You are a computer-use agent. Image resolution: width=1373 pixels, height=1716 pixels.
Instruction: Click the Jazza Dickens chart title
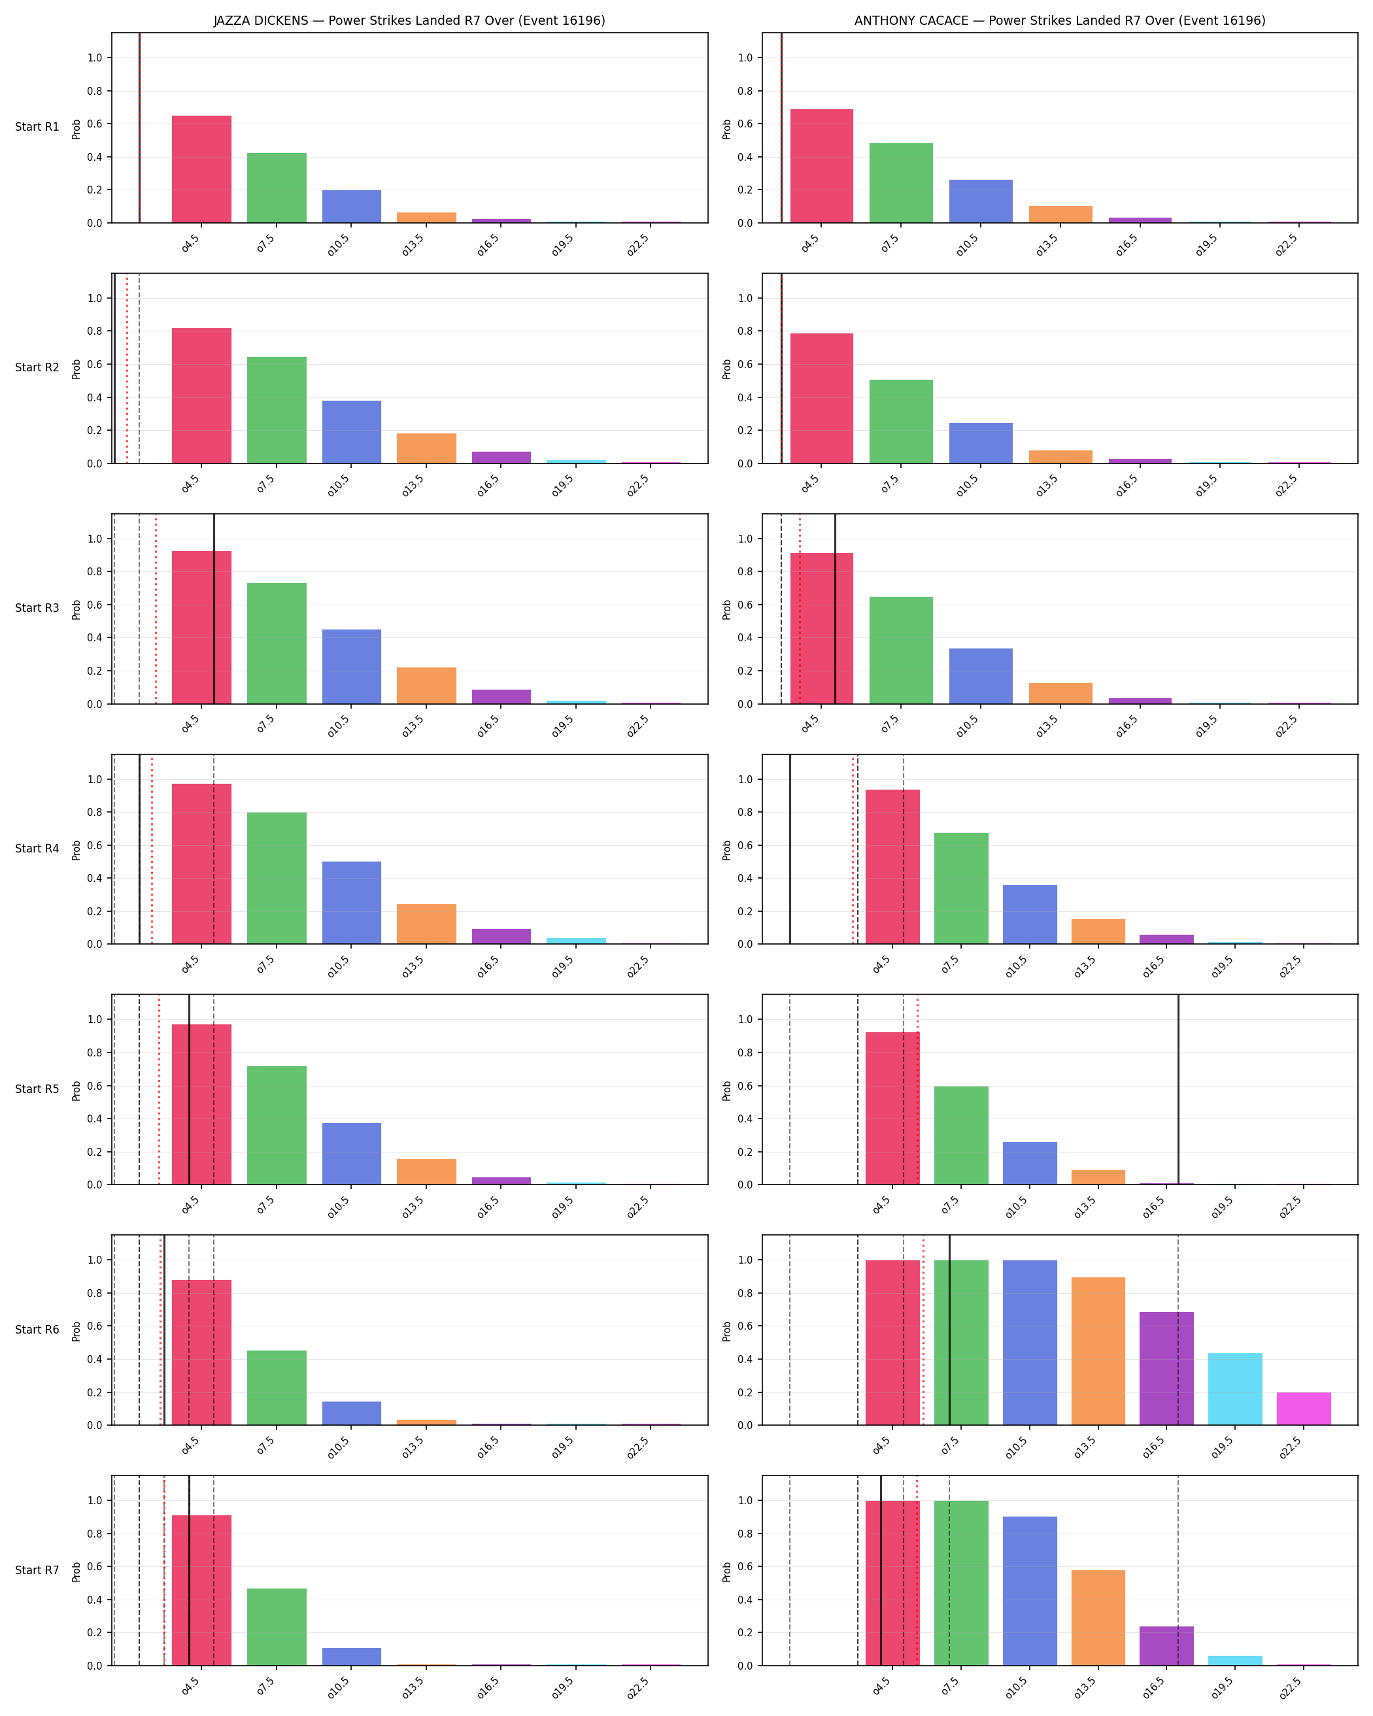[409, 21]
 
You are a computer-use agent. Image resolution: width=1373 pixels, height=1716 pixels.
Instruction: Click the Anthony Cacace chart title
[1059, 21]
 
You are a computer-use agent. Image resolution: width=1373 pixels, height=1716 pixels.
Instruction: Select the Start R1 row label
[37, 127]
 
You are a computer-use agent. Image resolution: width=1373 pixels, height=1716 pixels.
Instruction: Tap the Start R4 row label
[37, 849]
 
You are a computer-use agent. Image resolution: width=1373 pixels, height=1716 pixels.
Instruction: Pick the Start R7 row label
[37, 1570]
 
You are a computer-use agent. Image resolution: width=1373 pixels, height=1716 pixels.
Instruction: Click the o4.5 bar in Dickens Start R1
[201, 169]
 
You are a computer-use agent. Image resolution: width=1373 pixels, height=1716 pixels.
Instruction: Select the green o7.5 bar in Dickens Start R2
[276, 410]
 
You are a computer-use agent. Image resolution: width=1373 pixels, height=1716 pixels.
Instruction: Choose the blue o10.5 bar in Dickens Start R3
[351, 667]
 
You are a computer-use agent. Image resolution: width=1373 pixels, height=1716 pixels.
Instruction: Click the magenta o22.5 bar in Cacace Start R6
[1304, 1409]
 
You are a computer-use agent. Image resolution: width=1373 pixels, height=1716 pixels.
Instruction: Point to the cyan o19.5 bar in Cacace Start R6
[1235, 1389]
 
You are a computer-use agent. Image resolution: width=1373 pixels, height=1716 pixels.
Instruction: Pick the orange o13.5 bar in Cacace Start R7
[1098, 1618]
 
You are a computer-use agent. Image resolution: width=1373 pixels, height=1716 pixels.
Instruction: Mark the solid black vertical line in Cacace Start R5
[1178, 1090]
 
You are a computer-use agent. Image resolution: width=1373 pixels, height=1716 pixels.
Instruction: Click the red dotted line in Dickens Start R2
[127, 369]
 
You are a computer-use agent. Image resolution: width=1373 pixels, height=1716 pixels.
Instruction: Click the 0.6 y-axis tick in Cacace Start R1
[745, 124]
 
